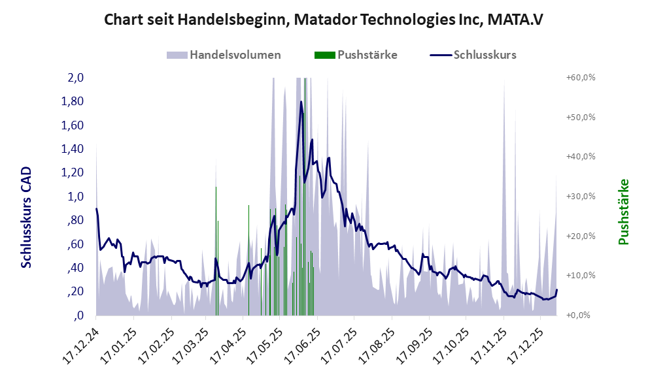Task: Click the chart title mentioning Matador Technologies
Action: click(324, 20)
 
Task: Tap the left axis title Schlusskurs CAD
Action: click(27, 217)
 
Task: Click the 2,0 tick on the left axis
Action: click(76, 78)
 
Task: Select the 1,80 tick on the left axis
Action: click(73, 101)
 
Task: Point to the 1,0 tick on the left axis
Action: click(76, 197)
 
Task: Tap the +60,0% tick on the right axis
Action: click(580, 78)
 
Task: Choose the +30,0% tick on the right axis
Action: click(580, 196)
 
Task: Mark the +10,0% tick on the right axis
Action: click(580, 275)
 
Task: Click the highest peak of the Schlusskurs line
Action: click(301, 102)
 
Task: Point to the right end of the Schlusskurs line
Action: click(556, 290)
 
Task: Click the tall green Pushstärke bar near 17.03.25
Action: click(216, 248)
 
